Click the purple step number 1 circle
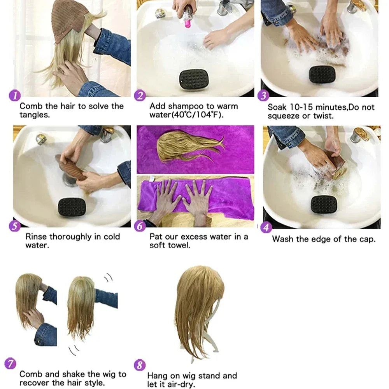tap(14, 95)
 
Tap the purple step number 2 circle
tap(140, 96)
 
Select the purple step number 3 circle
tap(263, 96)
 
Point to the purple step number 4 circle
tap(266, 227)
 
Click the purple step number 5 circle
tap(15, 226)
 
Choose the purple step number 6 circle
tap(140, 226)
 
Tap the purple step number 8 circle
tap(140, 365)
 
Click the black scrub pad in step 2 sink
tap(194, 79)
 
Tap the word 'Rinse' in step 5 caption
tap(37, 237)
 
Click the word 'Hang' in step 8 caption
tap(157, 375)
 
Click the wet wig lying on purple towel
tap(187, 146)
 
